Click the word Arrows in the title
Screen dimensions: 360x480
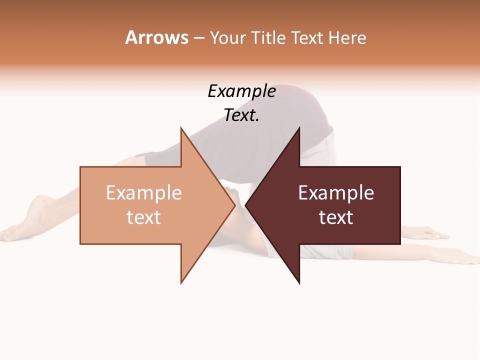[156, 37]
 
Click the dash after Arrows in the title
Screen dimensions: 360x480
[198, 38]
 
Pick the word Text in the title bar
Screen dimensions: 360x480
[307, 38]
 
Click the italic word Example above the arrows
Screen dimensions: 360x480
[241, 91]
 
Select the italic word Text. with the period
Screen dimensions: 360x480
[241, 115]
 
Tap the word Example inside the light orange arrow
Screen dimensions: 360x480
[144, 193]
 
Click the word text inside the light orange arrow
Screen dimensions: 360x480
[144, 217]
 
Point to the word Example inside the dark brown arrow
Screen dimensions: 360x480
[336, 193]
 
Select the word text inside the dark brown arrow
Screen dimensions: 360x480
[336, 217]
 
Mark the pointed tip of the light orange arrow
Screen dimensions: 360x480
[234, 205]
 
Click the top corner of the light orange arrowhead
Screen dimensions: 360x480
[181, 128]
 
